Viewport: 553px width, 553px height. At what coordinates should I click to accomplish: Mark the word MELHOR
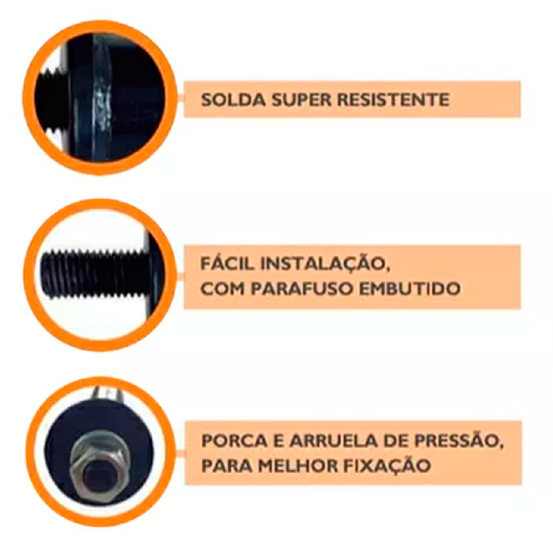click(x=298, y=466)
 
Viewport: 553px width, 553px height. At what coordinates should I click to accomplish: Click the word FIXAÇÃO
click(x=387, y=465)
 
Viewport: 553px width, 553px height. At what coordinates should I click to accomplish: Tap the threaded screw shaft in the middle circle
click(x=93, y=274)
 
